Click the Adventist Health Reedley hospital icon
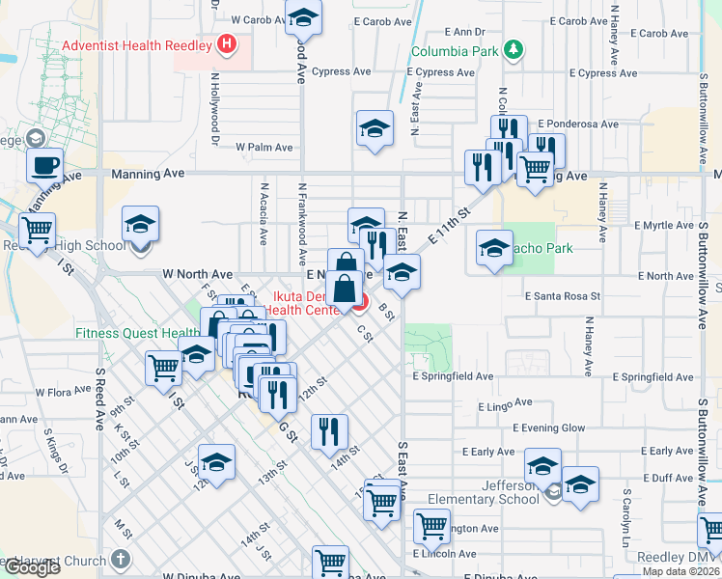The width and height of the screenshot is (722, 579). coord(226,42)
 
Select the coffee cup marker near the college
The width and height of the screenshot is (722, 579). coord(44,166)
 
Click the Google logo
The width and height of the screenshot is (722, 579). coord(32,567)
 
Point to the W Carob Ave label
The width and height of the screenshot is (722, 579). coord(255,19)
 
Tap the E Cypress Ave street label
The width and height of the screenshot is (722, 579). coord(440,72)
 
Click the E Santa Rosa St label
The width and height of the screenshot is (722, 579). coord(563,296)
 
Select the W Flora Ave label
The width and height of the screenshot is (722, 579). coord(61,393)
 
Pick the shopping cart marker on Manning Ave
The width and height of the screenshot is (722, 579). coord(535,168)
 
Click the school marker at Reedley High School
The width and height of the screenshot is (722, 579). coord(140,225)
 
